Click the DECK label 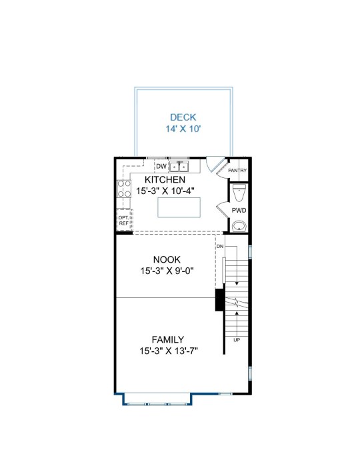[183, 117]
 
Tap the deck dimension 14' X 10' [183, 129]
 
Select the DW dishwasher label [161, 167]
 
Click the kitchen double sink [179, 167]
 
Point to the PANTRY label [237, 171]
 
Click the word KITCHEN [165, 179]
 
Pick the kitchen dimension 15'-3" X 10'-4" [165, 191]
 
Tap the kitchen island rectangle [179, 207]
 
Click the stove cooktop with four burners [124, 189]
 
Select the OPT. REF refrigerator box [123, 220]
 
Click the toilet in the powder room [239, 192]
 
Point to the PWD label [239, 211]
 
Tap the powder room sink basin [239, 226]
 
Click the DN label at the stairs [220, 247]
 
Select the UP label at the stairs [237, 340]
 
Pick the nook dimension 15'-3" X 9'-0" [167, 271]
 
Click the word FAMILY [167, 339]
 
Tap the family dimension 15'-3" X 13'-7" [169, 351]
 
